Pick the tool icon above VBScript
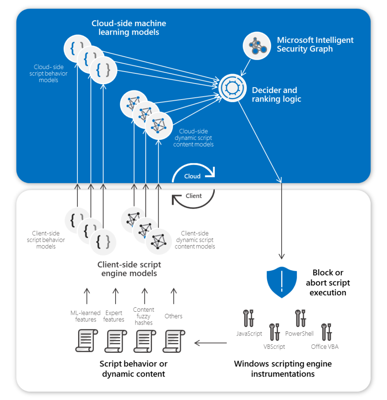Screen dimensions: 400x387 coord(274,331)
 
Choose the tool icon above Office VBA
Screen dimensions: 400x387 coord(326,331)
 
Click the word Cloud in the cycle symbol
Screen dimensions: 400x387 coord(192,176)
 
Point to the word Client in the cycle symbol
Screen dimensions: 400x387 coord(194,196)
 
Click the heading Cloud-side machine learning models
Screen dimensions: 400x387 coord(128,28)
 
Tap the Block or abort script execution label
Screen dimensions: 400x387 coord(328,282)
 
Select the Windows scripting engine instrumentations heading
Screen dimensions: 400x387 coord(283,369)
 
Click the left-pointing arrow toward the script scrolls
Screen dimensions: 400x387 coord(210,343)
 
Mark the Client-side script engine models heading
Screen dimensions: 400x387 coord(129,269)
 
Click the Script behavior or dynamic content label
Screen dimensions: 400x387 coord(133,369)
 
